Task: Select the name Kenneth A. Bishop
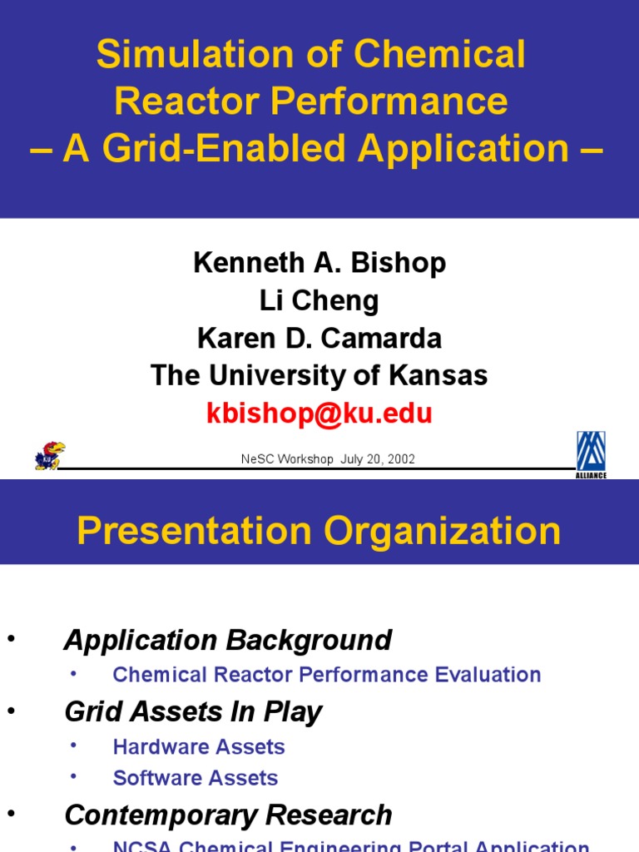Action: pos(319,263)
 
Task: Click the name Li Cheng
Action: pos(319,300)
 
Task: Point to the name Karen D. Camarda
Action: pos(319,338)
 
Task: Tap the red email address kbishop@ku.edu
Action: pos(319,414)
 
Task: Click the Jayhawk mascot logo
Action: pos(49,455)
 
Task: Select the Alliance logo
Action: pos(591,454)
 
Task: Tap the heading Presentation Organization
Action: pos(319,531)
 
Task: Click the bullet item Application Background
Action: pos(228,641)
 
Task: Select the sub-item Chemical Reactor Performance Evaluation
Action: pos(327,675)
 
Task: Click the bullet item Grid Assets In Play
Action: pos(193,711)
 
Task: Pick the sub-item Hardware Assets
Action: pos(199,746)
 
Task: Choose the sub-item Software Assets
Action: pos(196,778)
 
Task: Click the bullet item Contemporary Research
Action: pos(228,815)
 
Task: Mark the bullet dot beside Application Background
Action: pos(11,638)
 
